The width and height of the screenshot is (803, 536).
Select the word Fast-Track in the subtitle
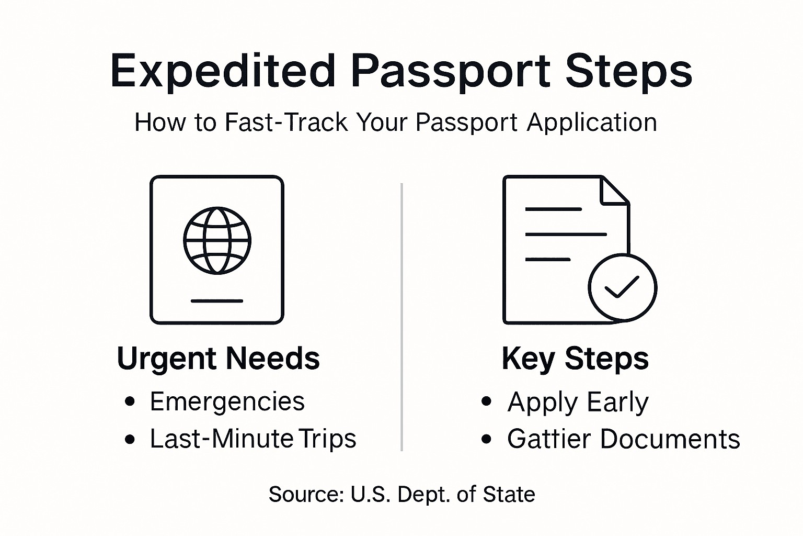pos(286,122)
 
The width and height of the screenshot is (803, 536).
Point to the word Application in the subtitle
pos(592,122)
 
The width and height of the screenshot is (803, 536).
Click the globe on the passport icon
pos(217,241)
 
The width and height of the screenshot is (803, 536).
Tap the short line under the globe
pos(217,301)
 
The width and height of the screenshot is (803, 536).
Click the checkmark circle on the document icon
pos(622,287)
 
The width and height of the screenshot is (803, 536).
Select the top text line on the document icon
pos(553,209)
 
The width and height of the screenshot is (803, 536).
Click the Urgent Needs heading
pos(218,359)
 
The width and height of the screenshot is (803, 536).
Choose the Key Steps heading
pos(575,359)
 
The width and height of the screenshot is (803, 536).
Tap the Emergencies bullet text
pos(227,402)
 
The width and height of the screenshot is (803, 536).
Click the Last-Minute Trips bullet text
pos(253,439)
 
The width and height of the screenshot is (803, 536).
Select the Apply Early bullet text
pos(578,402)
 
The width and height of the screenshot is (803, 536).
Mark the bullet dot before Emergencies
pos(130,402)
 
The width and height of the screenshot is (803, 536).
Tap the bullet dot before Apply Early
pos(487,402)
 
